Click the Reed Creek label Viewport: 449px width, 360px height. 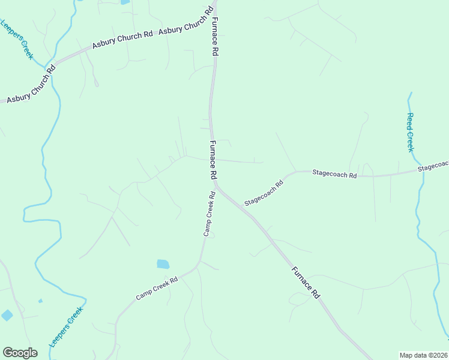[x=411, y=133]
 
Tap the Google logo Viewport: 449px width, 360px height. [x=20, y=353]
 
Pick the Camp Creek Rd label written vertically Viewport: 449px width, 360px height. [x=208, y=214]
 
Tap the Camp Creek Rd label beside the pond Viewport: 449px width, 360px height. [x=157, y=288]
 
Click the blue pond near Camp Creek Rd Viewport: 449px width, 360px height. [x=163, y=264]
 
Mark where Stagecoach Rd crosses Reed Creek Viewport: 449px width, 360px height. [x=420, y=170]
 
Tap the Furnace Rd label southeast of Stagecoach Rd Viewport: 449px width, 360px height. [x=305, y=282]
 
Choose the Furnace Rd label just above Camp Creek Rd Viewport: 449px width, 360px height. [x=212, y=160]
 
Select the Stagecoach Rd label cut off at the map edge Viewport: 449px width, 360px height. [x=433, y=166]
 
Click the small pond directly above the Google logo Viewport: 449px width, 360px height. [x=7, y=315]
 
